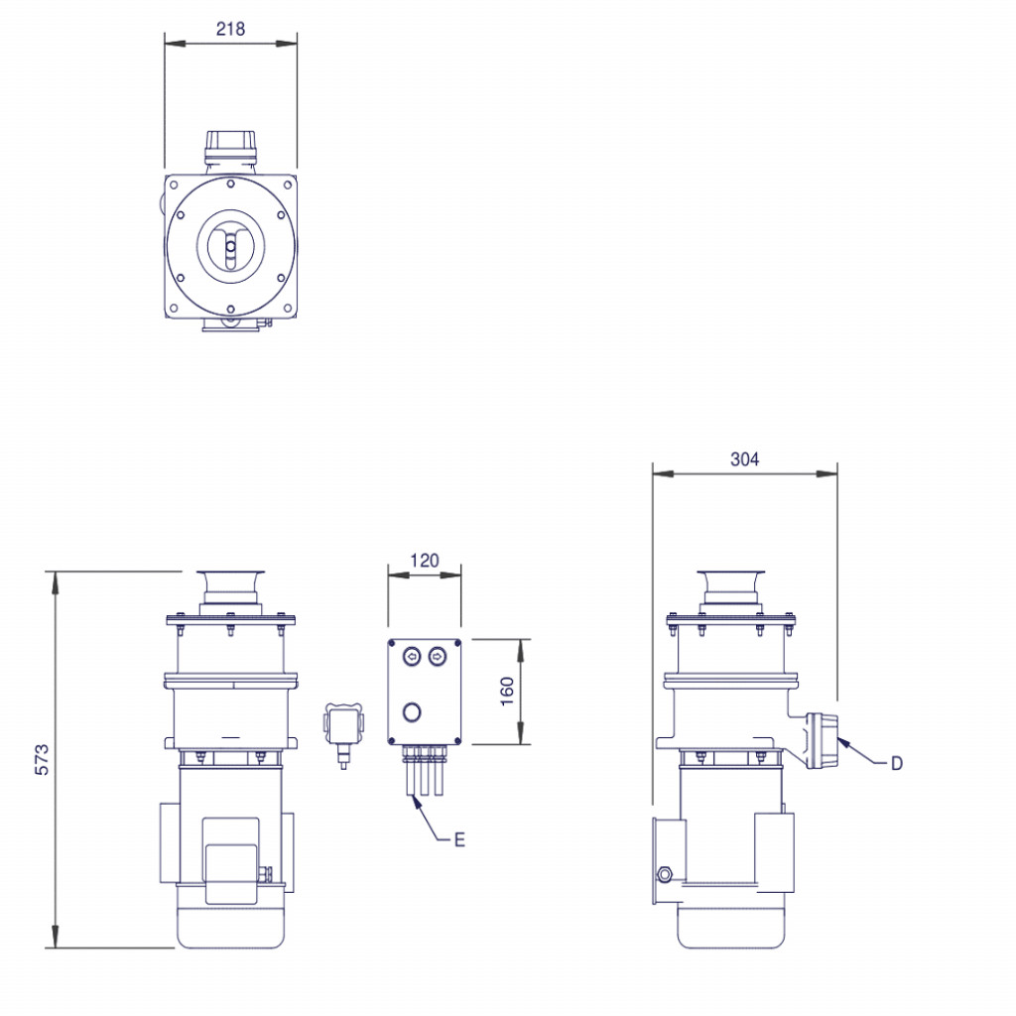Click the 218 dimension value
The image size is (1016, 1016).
point(230,29)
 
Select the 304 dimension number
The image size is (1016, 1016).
point(744,458)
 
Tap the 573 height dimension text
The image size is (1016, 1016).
point(41,758)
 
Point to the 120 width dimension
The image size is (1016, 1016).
point(424,561)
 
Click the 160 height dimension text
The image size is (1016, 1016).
point(507,691)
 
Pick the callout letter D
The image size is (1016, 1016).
point(897,763)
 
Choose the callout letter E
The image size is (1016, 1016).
point(458,839)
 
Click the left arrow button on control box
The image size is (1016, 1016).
point(412,656)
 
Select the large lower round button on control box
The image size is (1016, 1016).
point(412,711)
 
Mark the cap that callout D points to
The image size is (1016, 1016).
point(824,739)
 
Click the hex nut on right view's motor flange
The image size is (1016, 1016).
point(664,874)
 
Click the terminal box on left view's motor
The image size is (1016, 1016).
point(232,859)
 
